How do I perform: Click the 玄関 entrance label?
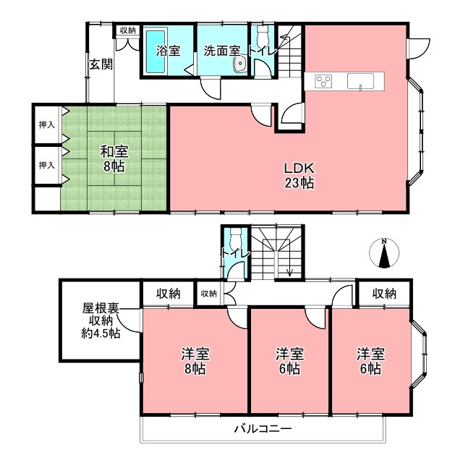coord(101,64)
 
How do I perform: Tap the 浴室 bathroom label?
coord(168,51)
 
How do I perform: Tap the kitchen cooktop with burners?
coord(323,80)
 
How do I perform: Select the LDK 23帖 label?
coord(299,174)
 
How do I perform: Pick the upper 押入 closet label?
coord(46,125)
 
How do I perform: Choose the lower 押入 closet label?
coord(46,166)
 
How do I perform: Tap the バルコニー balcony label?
coord(263,429)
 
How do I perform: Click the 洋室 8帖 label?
coord(195,361)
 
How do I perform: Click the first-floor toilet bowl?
coord(263,34)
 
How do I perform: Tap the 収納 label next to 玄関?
coord(127,30)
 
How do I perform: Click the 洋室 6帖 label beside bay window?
coord(370,361)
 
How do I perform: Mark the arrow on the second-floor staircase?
coord(289,271)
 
